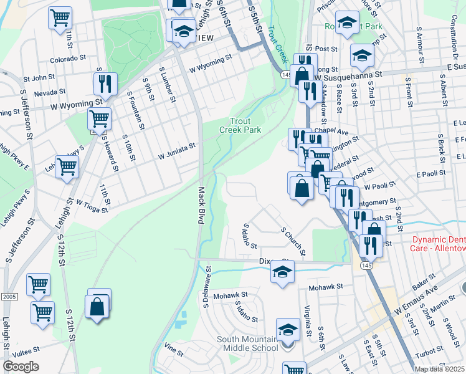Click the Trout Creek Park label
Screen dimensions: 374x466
pyautogui.click(x=240, y=125)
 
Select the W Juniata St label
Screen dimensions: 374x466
pyautogui.click(x=177, y=150)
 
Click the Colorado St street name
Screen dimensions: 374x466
pyautogui.click(x=69, y=59)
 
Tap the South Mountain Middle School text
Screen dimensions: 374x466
pyautogui.click(x=247, y=344)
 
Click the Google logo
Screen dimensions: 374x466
pyautogui.click(x=21, y=367)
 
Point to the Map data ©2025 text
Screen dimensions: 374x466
pyautogui.click(x=439, y=369)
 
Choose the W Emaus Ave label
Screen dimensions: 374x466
pyautogui.click(x=415, y=301)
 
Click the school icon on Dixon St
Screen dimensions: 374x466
pyautogui.click(x=282, y=272)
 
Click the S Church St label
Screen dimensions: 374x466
pyautogui.click(x=293, y=242)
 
